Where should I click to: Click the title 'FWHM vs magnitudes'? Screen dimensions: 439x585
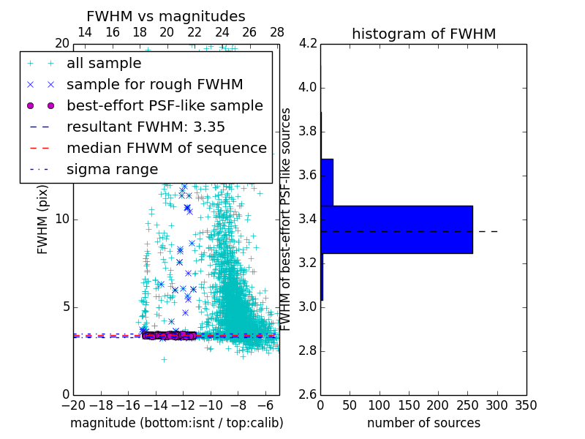(x=165, y=16)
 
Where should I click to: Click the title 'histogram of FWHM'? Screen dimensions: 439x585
(x=423, y=34)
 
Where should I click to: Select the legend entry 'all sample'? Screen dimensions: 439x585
(x=104, y=64)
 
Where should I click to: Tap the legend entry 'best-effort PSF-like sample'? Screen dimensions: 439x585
(x=165, y=106)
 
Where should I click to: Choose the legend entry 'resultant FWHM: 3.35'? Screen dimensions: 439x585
(x=146, y=127)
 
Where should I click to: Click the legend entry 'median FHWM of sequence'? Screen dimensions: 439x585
(x=166, y=149)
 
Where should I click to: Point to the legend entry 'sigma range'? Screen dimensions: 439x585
(x=112, y=170)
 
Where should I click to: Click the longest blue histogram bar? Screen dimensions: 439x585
(x=396, y=230)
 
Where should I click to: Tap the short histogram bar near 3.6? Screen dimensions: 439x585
(x=327, y=182)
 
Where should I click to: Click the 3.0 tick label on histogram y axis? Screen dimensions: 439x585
(x=307, y=307)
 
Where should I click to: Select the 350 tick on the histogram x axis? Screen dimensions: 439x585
(x=526, y=405)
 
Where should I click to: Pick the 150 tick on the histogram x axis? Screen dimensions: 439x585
(x=409, y=405)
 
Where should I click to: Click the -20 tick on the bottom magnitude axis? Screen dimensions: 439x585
(x=73, y=405)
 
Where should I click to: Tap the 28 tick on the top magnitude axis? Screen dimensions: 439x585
(x=277, y=32)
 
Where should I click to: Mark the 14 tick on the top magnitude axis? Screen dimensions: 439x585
(x=85, y=32)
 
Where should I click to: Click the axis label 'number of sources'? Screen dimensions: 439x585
(x=423, y=423)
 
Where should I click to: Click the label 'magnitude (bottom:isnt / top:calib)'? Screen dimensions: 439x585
(x=176, y=423)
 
